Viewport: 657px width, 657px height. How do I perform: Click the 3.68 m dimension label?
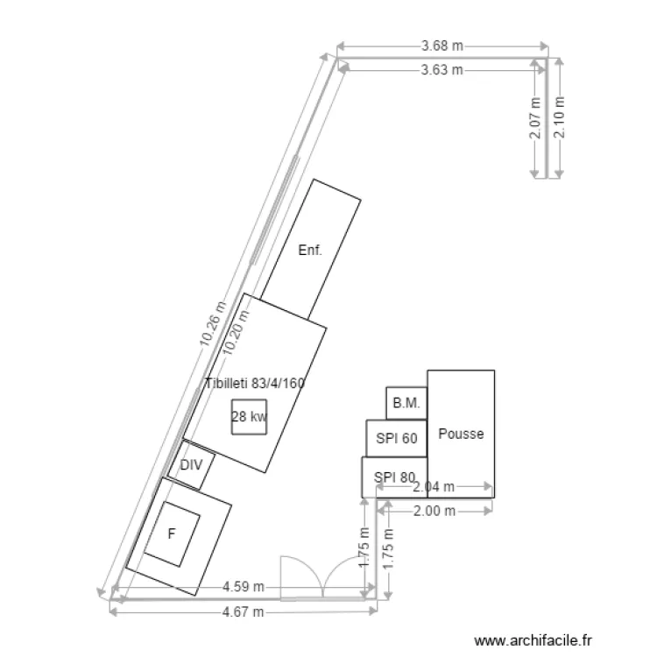click(442, 46)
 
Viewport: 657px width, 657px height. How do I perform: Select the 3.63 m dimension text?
click(442, 70)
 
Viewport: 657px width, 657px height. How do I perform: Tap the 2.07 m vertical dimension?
click(535, 118)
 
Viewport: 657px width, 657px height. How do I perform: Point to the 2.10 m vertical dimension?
click(560, 117)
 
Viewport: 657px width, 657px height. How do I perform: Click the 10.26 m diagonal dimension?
click(213, 324)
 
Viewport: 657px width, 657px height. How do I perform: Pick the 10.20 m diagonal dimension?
click(236, 332)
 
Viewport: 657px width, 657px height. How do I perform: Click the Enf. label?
click(310, 251)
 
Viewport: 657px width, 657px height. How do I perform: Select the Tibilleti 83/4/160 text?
click(255, 383)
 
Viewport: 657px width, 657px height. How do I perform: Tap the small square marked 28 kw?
click(250, 416)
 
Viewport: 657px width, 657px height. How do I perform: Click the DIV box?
click(192, 464)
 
